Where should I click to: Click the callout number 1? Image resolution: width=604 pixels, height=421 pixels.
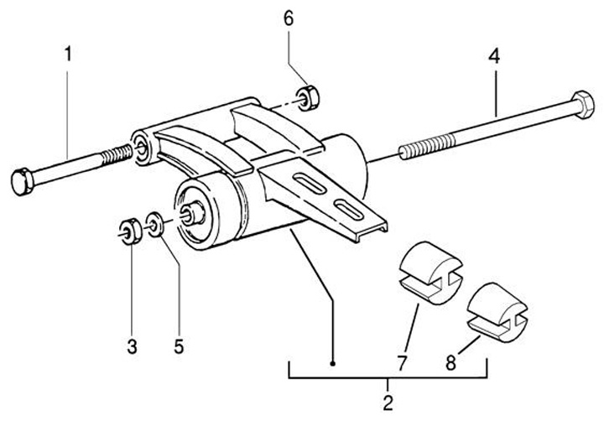coord(68,55)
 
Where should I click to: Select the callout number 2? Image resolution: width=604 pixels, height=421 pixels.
coord(388,402)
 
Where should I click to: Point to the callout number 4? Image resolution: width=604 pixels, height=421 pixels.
coord(496,58)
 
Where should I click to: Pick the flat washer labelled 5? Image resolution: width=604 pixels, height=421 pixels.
coord(155,224)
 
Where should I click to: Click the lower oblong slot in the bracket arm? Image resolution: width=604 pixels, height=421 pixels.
coord(346,207)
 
